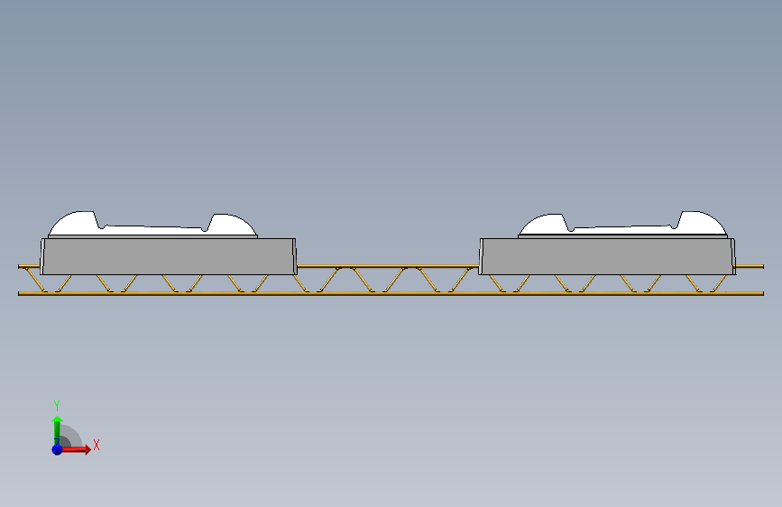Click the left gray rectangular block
click(169, 256)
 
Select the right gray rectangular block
click(607, 256)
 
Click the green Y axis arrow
click(57, 430)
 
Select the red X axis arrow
click(75, 449)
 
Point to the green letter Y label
click(57, 405)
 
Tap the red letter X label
click(97, 445)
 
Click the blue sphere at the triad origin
click(58, 449)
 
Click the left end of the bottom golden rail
click(18, 293)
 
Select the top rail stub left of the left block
click(30, 266)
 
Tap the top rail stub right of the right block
click(750, 266)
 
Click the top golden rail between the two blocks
click(388, 266)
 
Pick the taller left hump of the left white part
click(75, 223)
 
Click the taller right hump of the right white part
click(701, 223)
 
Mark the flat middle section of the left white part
click(153, 230)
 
